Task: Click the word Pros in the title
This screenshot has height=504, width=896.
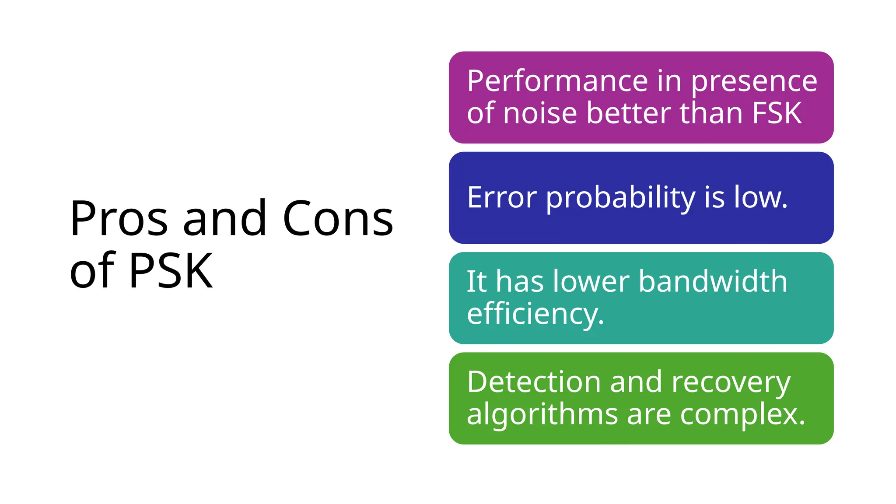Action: click(119, 218)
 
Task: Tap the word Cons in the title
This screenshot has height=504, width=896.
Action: click(338, 218)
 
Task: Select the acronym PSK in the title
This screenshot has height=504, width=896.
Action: click(171, 271)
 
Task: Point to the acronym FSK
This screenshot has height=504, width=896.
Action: click(777, 113)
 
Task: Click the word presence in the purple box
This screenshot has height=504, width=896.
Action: click(754, 82)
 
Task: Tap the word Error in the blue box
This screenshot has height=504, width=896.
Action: click(501, 197)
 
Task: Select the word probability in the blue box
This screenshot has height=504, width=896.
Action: click(620, 198)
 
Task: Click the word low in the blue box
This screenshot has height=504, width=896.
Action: click(760, 197)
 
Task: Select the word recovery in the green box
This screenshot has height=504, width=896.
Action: click(731, 382)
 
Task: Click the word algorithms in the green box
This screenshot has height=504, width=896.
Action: click(542, 414)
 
